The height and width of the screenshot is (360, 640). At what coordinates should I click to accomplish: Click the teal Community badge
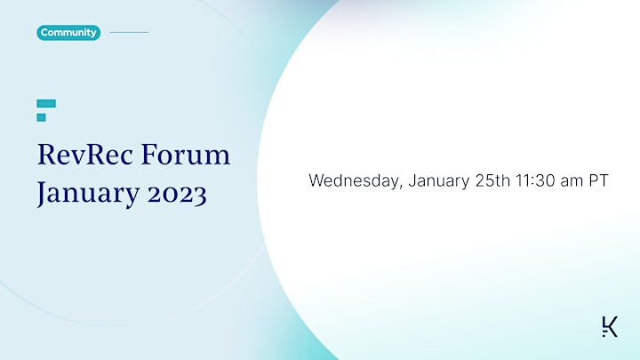pyautogui.click(x=68, y=33)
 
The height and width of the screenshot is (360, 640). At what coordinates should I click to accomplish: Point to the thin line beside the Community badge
pyautogui.click(x=129, y=32)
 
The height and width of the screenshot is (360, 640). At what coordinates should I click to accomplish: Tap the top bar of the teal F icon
pyautogui.click(x=46, y=103)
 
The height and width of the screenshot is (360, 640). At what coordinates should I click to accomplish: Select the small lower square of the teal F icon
pyautogui.click(x=41, y=117)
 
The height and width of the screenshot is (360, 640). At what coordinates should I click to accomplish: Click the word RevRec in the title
pyautogui.click(x=85, y=155)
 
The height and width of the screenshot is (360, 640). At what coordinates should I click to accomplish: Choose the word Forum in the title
pyautogui.click(x=186, y=155)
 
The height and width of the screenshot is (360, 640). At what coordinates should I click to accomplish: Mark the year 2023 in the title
pyautogui.click(x=177, y=195)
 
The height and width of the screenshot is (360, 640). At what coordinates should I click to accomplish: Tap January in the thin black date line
pyautogui.click(x=439, y=181)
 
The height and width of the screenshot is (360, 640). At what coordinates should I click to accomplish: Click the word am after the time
pyautogui.click(x=572, y=182)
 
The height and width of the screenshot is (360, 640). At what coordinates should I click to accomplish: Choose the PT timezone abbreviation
pyautogui.click(x=598, y=180)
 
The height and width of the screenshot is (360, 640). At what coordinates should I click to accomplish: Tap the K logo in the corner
pyautogui.click(x=610, y=326)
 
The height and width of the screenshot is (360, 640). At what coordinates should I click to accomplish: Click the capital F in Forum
pyautogui.click(x=150, y=155)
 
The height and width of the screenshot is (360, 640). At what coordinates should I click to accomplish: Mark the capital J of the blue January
pyautogui.click(x=42, y=194)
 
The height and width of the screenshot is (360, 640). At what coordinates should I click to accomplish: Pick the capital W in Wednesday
pyautogui.click(x=316, y=180)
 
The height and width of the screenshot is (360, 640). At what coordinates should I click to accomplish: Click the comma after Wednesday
pyautogui.click(x=400, y=188)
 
